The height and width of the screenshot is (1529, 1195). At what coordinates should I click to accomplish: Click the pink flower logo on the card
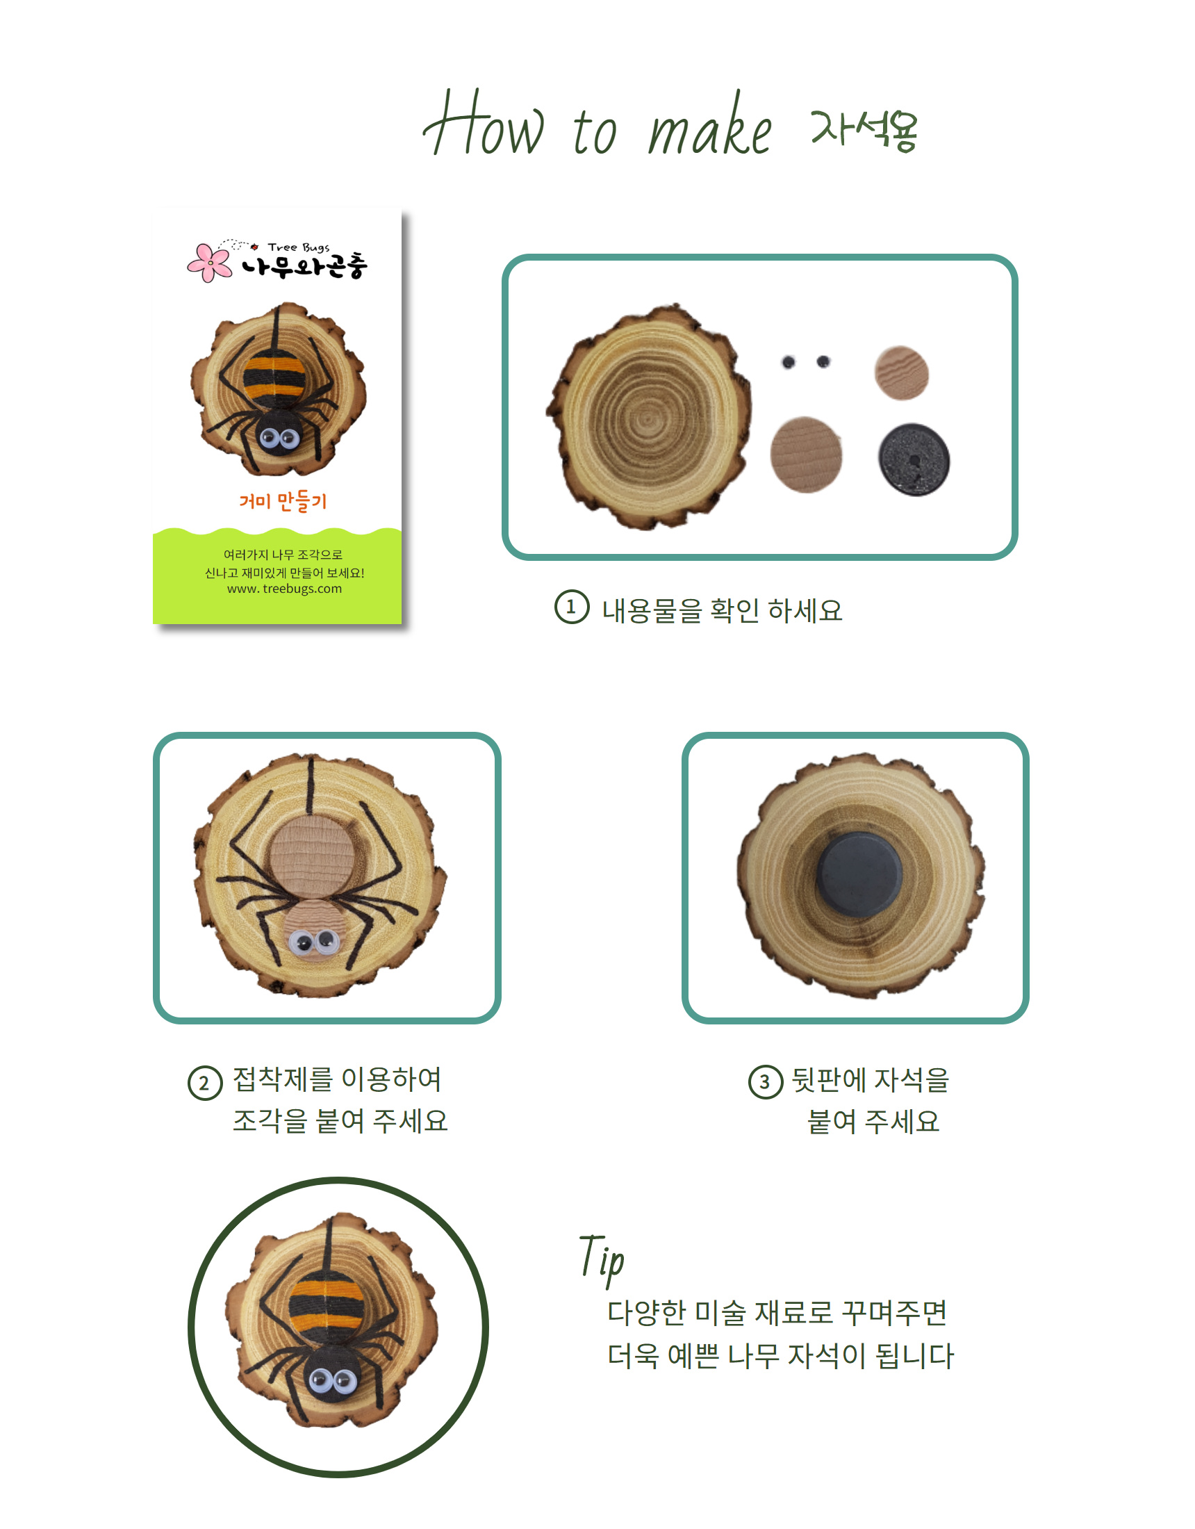pyautogui.click(x=210, y=263)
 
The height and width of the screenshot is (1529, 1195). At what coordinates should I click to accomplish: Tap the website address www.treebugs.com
pyautogui.click(x=284, y=589)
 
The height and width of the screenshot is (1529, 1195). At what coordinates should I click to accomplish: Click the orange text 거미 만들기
pyautogui.click(x=283, y=501)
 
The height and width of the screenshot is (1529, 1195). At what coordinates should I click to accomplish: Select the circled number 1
pyautogui.click(x=571, y=607)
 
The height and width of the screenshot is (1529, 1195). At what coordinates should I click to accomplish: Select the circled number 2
pyautogui.click(x=204, y=1082)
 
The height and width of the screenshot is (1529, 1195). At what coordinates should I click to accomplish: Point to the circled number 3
pyautogui.click(x=765, y=1081)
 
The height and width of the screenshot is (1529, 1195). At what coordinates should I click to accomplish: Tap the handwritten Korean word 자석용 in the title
pyautogui.click(x=864, y=130)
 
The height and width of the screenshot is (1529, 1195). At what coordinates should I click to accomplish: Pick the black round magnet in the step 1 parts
pyautogui.click(x=914, y=459)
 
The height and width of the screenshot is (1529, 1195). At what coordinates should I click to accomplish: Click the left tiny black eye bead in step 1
pyautogui.click(x=789, y=362)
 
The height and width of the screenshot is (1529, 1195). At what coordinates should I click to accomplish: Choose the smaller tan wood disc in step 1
pyautogui.click(x=902, y=373)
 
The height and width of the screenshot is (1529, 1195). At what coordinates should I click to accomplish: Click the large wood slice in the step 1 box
pyautogui.click(x=649, y=416)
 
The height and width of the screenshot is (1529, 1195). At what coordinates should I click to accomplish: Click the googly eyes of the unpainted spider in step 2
pyautogui.click(x=313, y=943)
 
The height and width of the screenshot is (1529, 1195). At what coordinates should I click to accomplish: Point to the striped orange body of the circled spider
pyautogui.click(x=327, y=1303)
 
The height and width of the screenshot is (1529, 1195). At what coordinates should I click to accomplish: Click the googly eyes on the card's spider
pyautogui.click(x=279, y=439)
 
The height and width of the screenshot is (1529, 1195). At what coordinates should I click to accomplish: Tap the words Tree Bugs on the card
pyautogui.click(x=298, y=247)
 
